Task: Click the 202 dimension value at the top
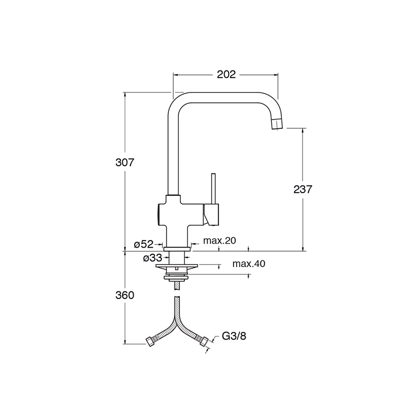(x=226, y=74)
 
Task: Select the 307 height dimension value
(x=124, y=163)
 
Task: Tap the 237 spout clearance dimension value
(x=302, y=189)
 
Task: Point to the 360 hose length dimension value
(x=124, y=295)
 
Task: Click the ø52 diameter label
(x=143, y=244)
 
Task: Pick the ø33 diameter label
(x=152, y=258)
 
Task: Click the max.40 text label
(x=249, y=263)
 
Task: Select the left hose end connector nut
(x=150, y=342)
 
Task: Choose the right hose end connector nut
(x=204, y=343)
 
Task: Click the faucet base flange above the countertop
(x=177, y=247)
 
